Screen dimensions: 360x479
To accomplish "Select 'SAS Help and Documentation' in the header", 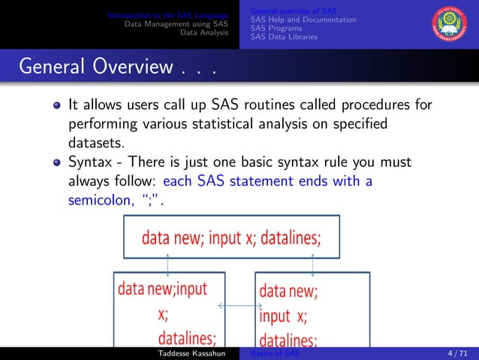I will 303,19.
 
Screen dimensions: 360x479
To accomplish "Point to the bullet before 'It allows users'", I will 56,105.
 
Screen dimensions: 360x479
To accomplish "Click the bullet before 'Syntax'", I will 56,162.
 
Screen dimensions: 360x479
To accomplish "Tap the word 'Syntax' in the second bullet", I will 92,162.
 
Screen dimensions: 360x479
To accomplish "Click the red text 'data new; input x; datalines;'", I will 227,238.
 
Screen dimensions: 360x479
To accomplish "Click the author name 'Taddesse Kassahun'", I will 187,353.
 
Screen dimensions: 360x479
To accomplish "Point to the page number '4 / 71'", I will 456,353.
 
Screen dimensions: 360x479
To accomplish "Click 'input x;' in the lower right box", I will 283,316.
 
